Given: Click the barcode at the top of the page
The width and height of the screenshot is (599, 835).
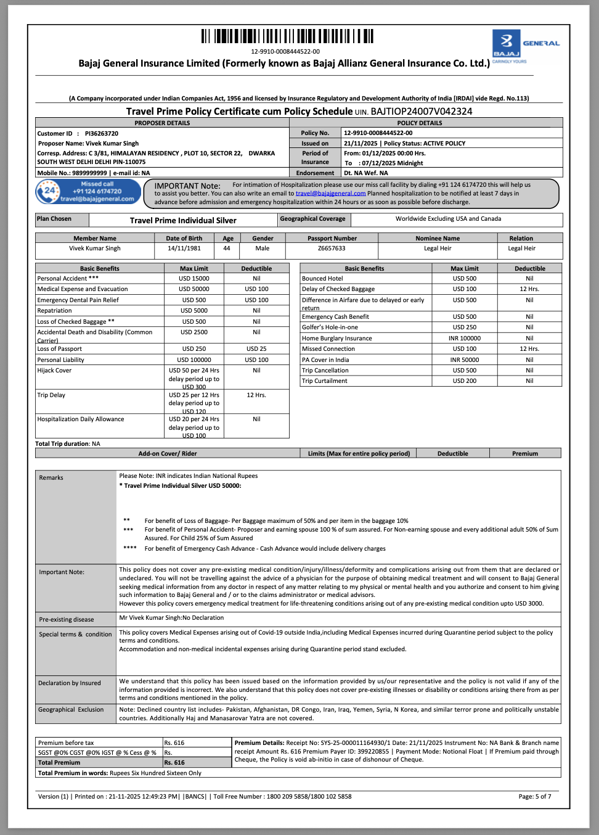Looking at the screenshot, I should [x=287, y=36].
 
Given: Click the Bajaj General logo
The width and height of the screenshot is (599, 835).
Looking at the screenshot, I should [x=526, y=46].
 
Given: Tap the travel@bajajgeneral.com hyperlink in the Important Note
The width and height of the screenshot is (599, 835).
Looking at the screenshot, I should [x=330, y=194].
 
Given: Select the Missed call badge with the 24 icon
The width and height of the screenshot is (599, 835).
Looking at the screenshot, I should [x=88, y=192].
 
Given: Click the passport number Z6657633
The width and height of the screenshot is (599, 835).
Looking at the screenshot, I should [x=332, y=249].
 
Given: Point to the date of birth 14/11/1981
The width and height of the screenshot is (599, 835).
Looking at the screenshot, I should [x=184, y=249].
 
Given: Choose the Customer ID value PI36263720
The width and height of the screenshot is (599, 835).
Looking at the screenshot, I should [x=102, y=133].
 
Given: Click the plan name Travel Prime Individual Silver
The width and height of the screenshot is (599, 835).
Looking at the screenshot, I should [x=183, y=221].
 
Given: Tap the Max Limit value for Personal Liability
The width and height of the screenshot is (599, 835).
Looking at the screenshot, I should [x=194, y=360].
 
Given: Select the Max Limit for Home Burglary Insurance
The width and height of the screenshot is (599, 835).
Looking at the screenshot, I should [x=464, y=339].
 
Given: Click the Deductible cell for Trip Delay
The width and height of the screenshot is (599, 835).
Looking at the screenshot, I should [x=256, y=395].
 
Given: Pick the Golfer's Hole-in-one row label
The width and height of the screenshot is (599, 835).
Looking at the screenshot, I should [x=330, y=327].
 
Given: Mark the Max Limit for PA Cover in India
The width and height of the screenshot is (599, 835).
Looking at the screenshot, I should [x=464, y=360].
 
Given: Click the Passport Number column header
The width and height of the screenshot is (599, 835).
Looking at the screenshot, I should [x=332, y=239].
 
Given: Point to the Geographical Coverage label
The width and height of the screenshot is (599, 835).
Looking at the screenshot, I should [x=313, y=219].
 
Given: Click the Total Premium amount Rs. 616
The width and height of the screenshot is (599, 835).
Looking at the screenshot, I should [x=174, y=763].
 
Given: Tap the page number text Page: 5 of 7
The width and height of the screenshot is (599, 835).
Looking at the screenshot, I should [x=535, y=797].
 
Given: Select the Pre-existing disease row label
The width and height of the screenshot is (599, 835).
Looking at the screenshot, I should [x=67, y=620].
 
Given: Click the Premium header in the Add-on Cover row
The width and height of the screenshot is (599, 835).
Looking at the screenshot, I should [x=525, y=454].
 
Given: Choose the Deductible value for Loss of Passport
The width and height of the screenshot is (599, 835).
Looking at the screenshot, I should [x=256, y=349].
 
